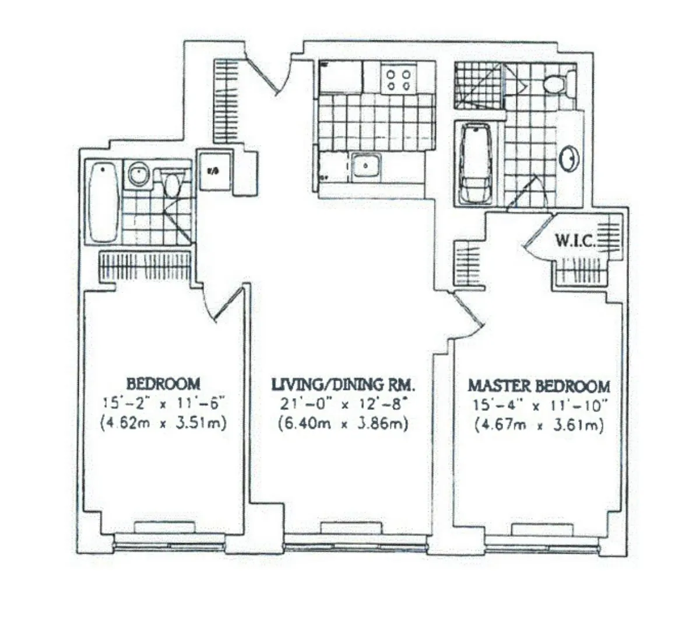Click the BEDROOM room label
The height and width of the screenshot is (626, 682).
pyautogui.click(x=163, y=384)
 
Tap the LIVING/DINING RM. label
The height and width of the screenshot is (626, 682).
pyautogui.click(x=343, y=385)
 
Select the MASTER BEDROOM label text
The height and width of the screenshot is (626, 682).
pyautogui.click(x=539, y=386)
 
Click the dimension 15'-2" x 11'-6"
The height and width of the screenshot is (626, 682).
pyautogui.click(x=163, y=403)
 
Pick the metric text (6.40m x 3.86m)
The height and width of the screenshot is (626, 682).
pyautogui.click(x=343, y=423)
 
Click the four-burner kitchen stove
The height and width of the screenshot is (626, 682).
pyautogui.click(x=398, y=79)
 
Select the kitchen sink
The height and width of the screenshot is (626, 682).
pyautogui.click(x=366, y=165)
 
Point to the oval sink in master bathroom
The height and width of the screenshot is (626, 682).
pyautogui.click(x=569, y=158)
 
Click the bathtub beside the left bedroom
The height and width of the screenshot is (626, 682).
pyautogui.click(x=104, y=202)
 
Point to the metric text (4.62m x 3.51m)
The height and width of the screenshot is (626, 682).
pyautogui.click(x=163, y=423)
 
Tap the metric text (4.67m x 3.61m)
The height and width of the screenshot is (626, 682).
pyautogui.click(x=539, y=425)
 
